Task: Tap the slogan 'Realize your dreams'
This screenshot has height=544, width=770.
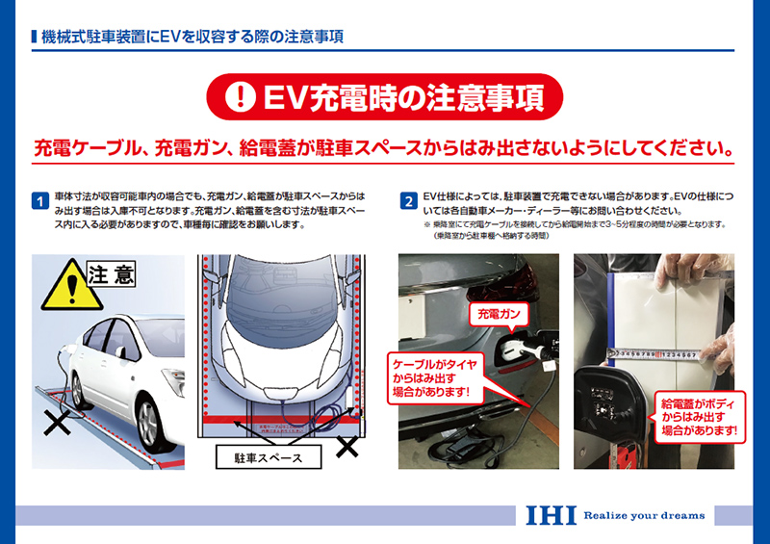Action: pyautogui.click(x=644, y=516)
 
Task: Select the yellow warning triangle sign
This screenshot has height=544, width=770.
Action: pyautogui.click(x=60, y=284)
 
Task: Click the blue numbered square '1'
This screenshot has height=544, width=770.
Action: pyautogui.click(x=40, y=201)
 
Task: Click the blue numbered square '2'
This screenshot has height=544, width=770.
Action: pyautogui.click(x=408, y=201)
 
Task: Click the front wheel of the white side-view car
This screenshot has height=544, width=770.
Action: pyautogui.click(x=147, y=413)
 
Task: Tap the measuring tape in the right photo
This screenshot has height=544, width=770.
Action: pyautogui.click(x=664, y=354)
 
